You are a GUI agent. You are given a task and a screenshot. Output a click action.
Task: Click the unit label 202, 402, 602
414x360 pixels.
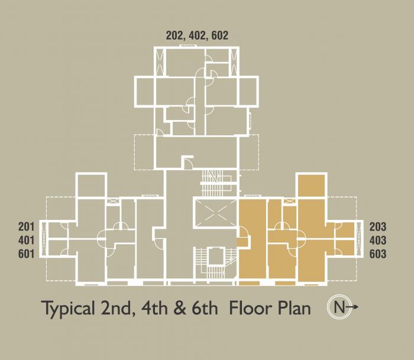tap(197, 35)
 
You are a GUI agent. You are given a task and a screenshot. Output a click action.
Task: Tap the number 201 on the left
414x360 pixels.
tap(27, 227)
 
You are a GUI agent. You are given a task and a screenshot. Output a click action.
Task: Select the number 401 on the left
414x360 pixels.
tap(27, 241)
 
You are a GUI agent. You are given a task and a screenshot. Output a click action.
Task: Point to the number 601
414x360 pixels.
tap(27, 254)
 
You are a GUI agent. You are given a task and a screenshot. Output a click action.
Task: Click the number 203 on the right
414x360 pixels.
tap(378, 227)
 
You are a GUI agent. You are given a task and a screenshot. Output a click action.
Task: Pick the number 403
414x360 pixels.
tap(378, 241)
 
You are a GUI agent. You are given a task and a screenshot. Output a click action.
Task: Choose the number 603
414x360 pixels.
tap(378, 254)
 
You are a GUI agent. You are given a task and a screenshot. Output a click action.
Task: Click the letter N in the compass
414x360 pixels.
tap(339, 307)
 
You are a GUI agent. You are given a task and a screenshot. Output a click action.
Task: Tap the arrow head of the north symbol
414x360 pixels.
tap(356, 307)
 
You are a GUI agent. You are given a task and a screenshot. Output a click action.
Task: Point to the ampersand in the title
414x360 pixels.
tap(180, 308)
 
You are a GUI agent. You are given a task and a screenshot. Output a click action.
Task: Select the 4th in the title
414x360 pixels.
tap(154, 308)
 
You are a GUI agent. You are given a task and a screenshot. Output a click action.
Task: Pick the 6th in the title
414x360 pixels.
tap(205, 308)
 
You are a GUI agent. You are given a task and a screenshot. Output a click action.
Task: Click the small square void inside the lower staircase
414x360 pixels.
tap(216, 256)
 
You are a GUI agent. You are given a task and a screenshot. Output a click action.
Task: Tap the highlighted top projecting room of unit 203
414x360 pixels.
tap(312, 186)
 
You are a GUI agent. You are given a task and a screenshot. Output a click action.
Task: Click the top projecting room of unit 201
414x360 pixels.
tap(91, 186)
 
